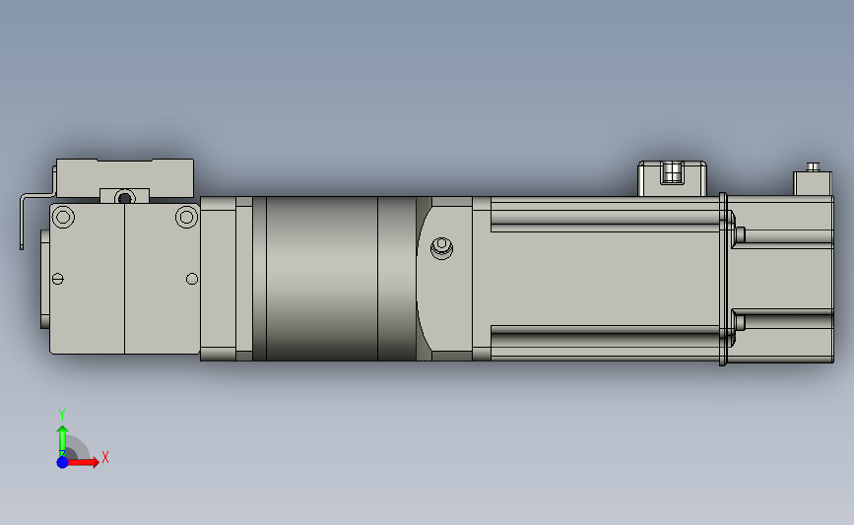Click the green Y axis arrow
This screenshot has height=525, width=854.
pyautogui.click(x=62, y=437)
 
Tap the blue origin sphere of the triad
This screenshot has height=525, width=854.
pyautogui.click(x=62, y=461)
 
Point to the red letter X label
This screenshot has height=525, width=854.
pyautogui.click(x=104, y=457)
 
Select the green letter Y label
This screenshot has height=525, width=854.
pyautogui.click(x=61, y=414)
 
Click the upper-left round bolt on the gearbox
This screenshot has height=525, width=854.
pyautogui.click(x=64, y=217)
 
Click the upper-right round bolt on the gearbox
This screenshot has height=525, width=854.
pyautogui.click(x=186, y=217)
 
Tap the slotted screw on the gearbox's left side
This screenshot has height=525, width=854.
pyautogui.click(x=57, y=280)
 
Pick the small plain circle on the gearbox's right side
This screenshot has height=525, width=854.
pyautogui.click(x=192, y=280)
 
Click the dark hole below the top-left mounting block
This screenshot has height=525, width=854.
pyautogui.click(x=124, y=197)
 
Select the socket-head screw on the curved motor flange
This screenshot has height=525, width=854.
pyautogui.click(x=442, y=247)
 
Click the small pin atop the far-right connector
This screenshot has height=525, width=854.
pyautogui.click(x=813, y=166)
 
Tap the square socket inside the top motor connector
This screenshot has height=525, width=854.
pyautogui.click(x=673, y=173)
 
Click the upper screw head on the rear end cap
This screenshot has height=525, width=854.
pyautogui.click(x=740, y=233)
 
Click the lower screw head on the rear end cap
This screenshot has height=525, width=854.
pyautogui.click(x=740, y=321)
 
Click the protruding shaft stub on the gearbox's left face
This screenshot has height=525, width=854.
pyautogui.click(x=44, y=279)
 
